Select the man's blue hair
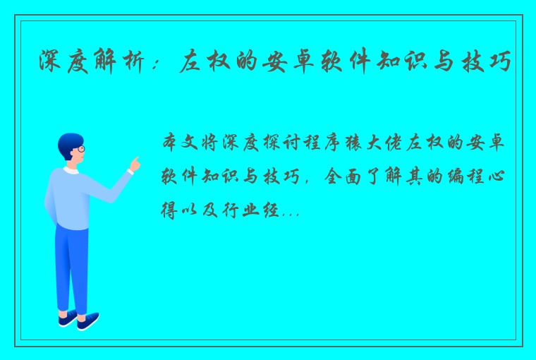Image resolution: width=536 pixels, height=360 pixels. (x=68, y=141)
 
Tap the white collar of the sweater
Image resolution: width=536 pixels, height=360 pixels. (x=70, y=170)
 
